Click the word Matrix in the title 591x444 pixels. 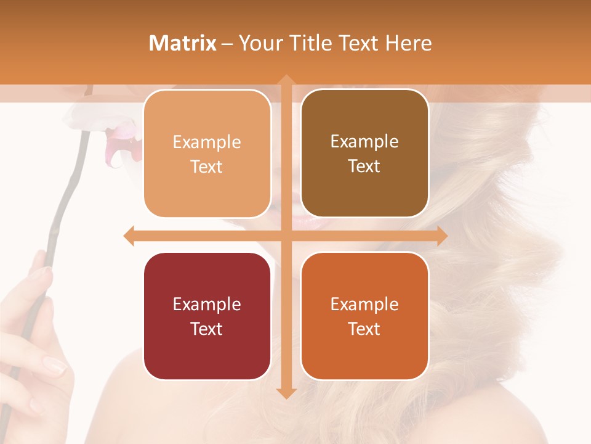pos(183,43)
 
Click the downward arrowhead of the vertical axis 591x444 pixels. pos(286,392)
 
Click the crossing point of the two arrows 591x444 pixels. pos(286,236)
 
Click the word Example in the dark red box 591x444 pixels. pos(207,304)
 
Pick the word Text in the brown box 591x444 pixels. pos(364,166)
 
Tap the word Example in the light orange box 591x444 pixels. pos(207,142)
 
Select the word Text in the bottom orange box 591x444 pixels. pos(364,329)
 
